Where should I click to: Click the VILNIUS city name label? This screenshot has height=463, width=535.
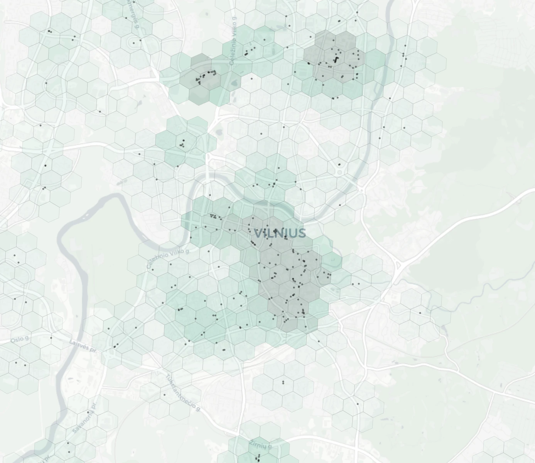pyautogui.click(x=280, y=233)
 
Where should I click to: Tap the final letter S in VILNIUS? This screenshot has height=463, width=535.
pyautogui.click(x=302, y=233)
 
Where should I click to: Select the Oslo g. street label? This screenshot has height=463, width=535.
pyautogui.click(x=19, y=340)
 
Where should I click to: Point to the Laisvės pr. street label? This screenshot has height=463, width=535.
pyautogui.click(x=83, y=346)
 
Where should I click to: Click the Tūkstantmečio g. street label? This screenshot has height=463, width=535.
pyautogui.click(x=183, y=392)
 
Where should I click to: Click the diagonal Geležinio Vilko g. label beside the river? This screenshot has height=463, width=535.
pyautogui.click(x=169, y=258)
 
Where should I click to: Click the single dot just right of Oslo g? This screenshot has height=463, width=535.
pyautogui.click(x=51, y=338)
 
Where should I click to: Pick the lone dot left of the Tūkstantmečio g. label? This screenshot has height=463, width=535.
pyautogui.click(x=164, y=394)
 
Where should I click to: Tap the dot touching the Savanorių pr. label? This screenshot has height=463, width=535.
pyautogui.click(x=88, y=412)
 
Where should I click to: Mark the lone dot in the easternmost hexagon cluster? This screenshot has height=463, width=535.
pyautogui.click(x=420, y=313)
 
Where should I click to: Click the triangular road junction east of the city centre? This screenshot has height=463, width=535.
pyautogui.click(x=399, y=265)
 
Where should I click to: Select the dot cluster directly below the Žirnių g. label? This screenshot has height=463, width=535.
pyautogui.click(x=258, y=458)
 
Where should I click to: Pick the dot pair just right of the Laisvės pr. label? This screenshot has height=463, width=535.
pyautogui.click(x=115, y=346)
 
